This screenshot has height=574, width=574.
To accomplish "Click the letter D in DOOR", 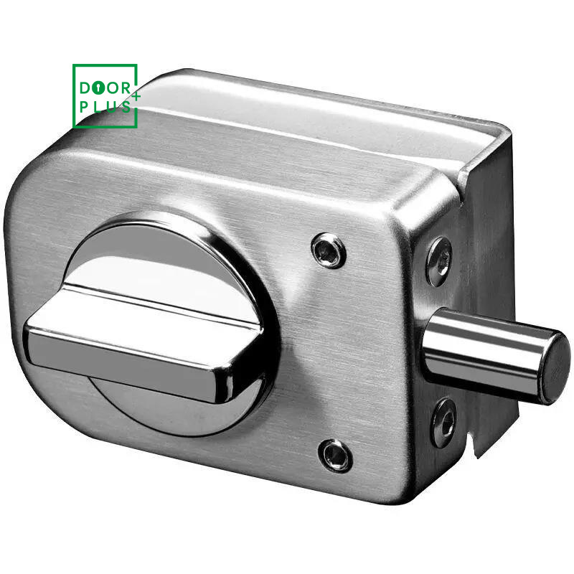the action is pos(85,88).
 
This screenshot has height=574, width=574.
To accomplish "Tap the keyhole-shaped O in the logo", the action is pos(98,88).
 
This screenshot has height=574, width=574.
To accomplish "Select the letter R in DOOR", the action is pos(126,88).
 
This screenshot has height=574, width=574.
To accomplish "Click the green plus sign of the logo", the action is pos(136,97).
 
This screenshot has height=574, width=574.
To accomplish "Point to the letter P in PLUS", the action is pos(84,107).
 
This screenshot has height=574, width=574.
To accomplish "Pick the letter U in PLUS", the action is pos(112,107).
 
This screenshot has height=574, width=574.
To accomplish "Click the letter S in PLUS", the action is pos(126,107).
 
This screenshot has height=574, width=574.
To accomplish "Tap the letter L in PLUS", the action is pos(98,107).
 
